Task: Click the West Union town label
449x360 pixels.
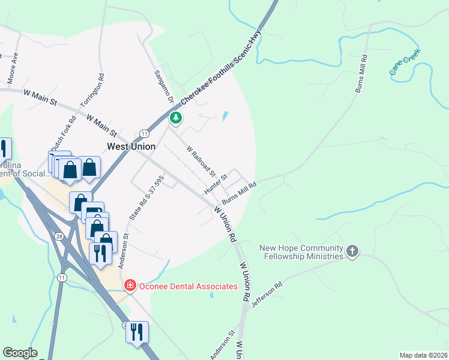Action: pyautogui.click(x=131, y=146)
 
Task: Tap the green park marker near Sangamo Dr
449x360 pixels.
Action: pyautogui.click(x=176, y=118)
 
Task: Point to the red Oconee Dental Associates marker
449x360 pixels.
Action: pyautogui.click(x=128, y=286)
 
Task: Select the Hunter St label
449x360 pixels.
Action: pyautogui.click(x=216, y=182)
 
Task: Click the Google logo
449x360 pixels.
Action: pyautogui.click(x=20, y=353)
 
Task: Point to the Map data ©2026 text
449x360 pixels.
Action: pyautogui.click(x=423, y=355)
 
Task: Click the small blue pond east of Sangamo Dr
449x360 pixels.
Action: pyautogui.click(x=225, y=116)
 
